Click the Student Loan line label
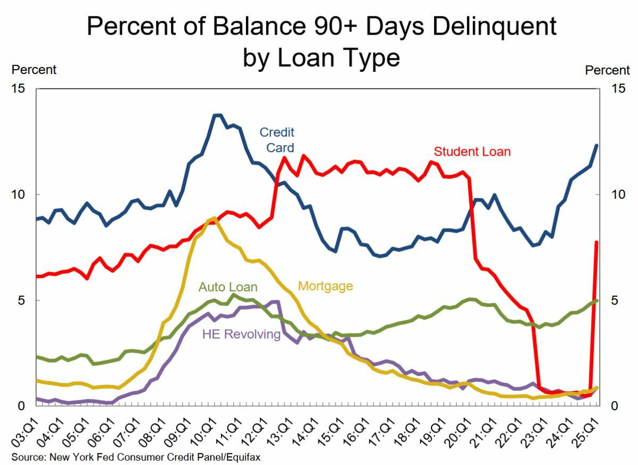(x=472, y=152)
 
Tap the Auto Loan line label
(x=228, y=288)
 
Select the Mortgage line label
(x=325, y=286)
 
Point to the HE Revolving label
(x=241, y=335)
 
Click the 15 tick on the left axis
(x=18, y=88)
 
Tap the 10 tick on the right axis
(x=618, y=194)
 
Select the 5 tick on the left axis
(x=21, y=300)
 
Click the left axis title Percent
(x=34, y=70)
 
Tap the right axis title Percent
(x=607, y=70)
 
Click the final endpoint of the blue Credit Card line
(x=596, y=145)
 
